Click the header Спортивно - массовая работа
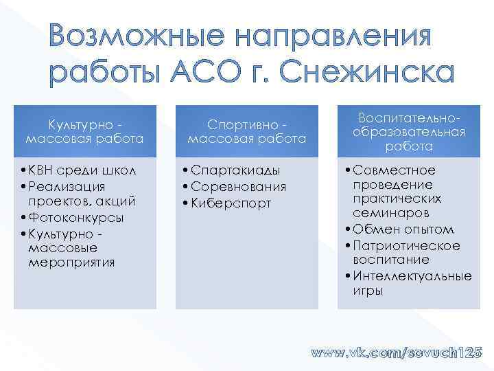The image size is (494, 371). click(246, 132)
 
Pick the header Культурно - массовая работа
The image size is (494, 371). click(84, 132)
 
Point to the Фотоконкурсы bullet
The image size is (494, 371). click(76, 217)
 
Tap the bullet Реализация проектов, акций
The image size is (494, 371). click(80, 193)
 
